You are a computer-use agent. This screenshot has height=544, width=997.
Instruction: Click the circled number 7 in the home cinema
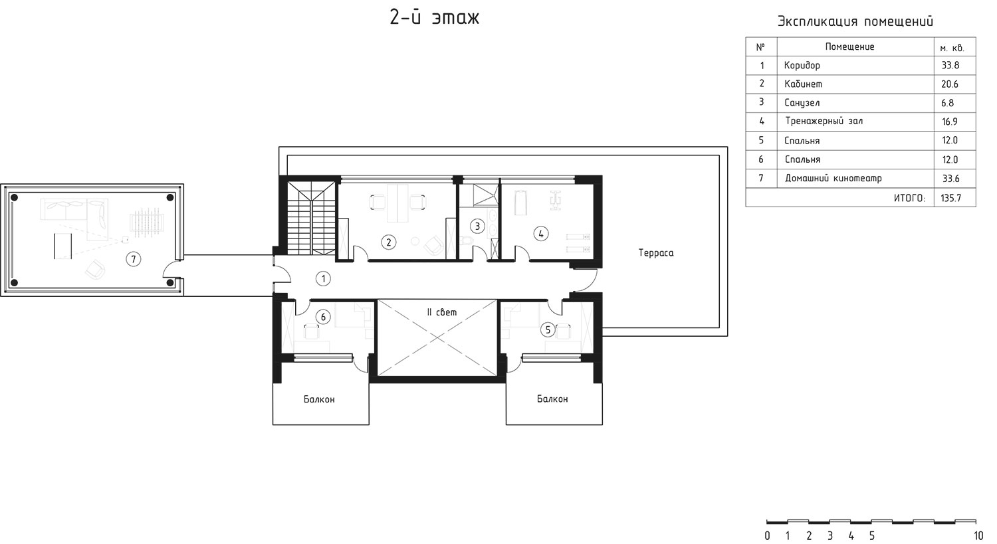tap(133, 259)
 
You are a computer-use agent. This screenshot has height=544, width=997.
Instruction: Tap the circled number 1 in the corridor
tap(323, 279)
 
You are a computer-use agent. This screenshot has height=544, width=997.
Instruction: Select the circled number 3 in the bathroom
tap(477, 227)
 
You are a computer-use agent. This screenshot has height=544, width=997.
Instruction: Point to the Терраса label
tap(655, 253)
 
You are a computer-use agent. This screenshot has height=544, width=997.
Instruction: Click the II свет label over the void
tap(441, 312)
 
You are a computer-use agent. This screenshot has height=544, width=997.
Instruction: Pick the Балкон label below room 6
tap(319, 399)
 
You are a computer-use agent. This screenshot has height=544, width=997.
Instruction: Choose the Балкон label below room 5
tap(552, 399)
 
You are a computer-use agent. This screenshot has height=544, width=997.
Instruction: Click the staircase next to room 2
tap(311, 218)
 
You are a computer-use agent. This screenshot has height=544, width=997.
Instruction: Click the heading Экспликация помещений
tap(855, 21)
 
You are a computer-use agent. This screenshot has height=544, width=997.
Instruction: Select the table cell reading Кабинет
tap(803, 84)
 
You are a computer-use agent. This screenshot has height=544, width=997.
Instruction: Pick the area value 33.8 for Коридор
tap(950, 65)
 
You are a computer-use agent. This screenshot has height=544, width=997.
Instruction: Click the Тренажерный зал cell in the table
tap(824, 121)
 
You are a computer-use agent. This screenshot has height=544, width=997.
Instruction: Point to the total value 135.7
tap(950, 198)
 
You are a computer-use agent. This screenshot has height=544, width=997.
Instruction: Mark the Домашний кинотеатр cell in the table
tap(833, 179)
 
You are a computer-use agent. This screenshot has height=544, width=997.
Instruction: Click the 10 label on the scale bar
tap(978, 535)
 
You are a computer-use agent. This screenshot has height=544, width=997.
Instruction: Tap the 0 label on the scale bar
tap(767, 535)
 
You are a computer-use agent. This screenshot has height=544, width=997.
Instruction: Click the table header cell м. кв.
tap(952, 48)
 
